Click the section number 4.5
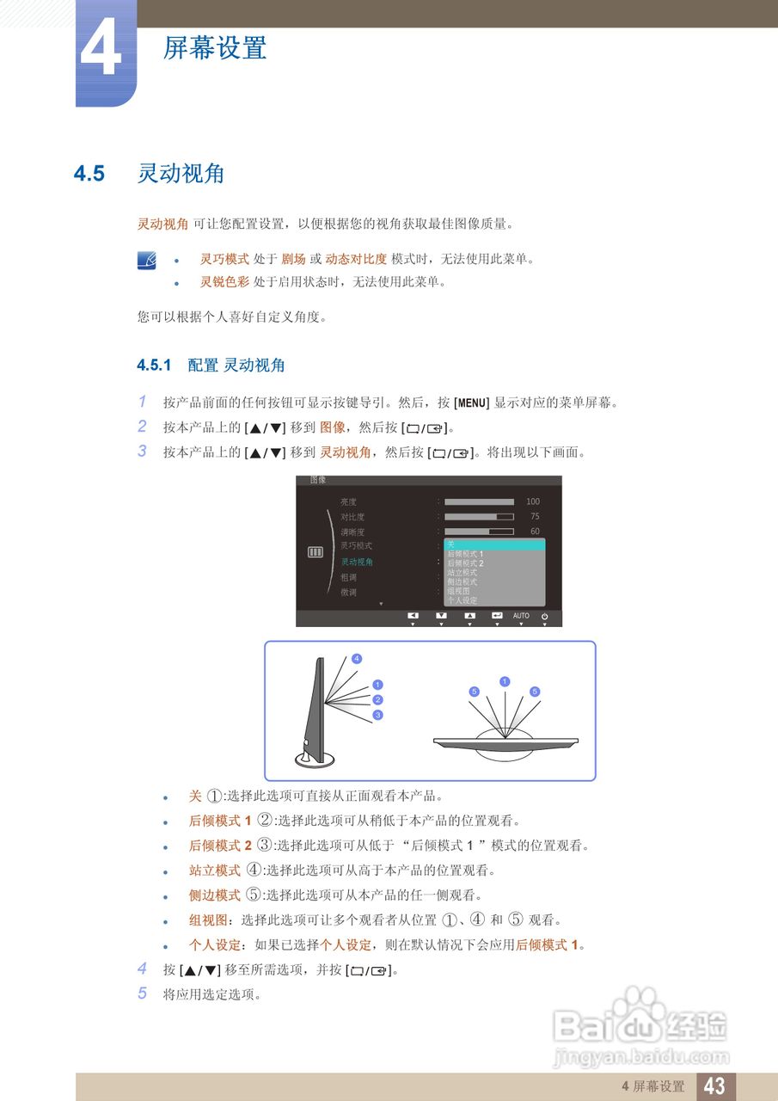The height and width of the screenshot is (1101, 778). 89,174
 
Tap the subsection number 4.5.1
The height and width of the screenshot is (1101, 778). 155,366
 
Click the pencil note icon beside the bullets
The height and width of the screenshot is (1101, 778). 147,260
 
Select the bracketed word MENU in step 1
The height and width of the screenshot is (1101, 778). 472,403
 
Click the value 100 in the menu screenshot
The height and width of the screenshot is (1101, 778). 533,501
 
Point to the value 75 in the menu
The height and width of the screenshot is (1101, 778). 535,517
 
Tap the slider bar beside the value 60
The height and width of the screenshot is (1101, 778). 479,532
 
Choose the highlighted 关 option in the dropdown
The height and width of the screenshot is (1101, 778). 494,544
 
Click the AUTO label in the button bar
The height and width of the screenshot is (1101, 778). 521,616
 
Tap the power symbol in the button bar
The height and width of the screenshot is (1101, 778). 545,617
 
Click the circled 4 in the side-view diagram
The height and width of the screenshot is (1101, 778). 357,659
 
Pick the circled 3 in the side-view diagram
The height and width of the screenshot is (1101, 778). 377,715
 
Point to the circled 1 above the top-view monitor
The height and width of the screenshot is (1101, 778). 505,682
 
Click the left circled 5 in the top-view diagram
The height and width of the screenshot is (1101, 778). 474,692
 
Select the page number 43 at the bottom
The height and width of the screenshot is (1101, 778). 714,1086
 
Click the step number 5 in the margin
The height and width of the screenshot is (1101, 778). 143,993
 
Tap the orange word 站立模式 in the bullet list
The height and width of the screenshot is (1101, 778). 214,870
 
